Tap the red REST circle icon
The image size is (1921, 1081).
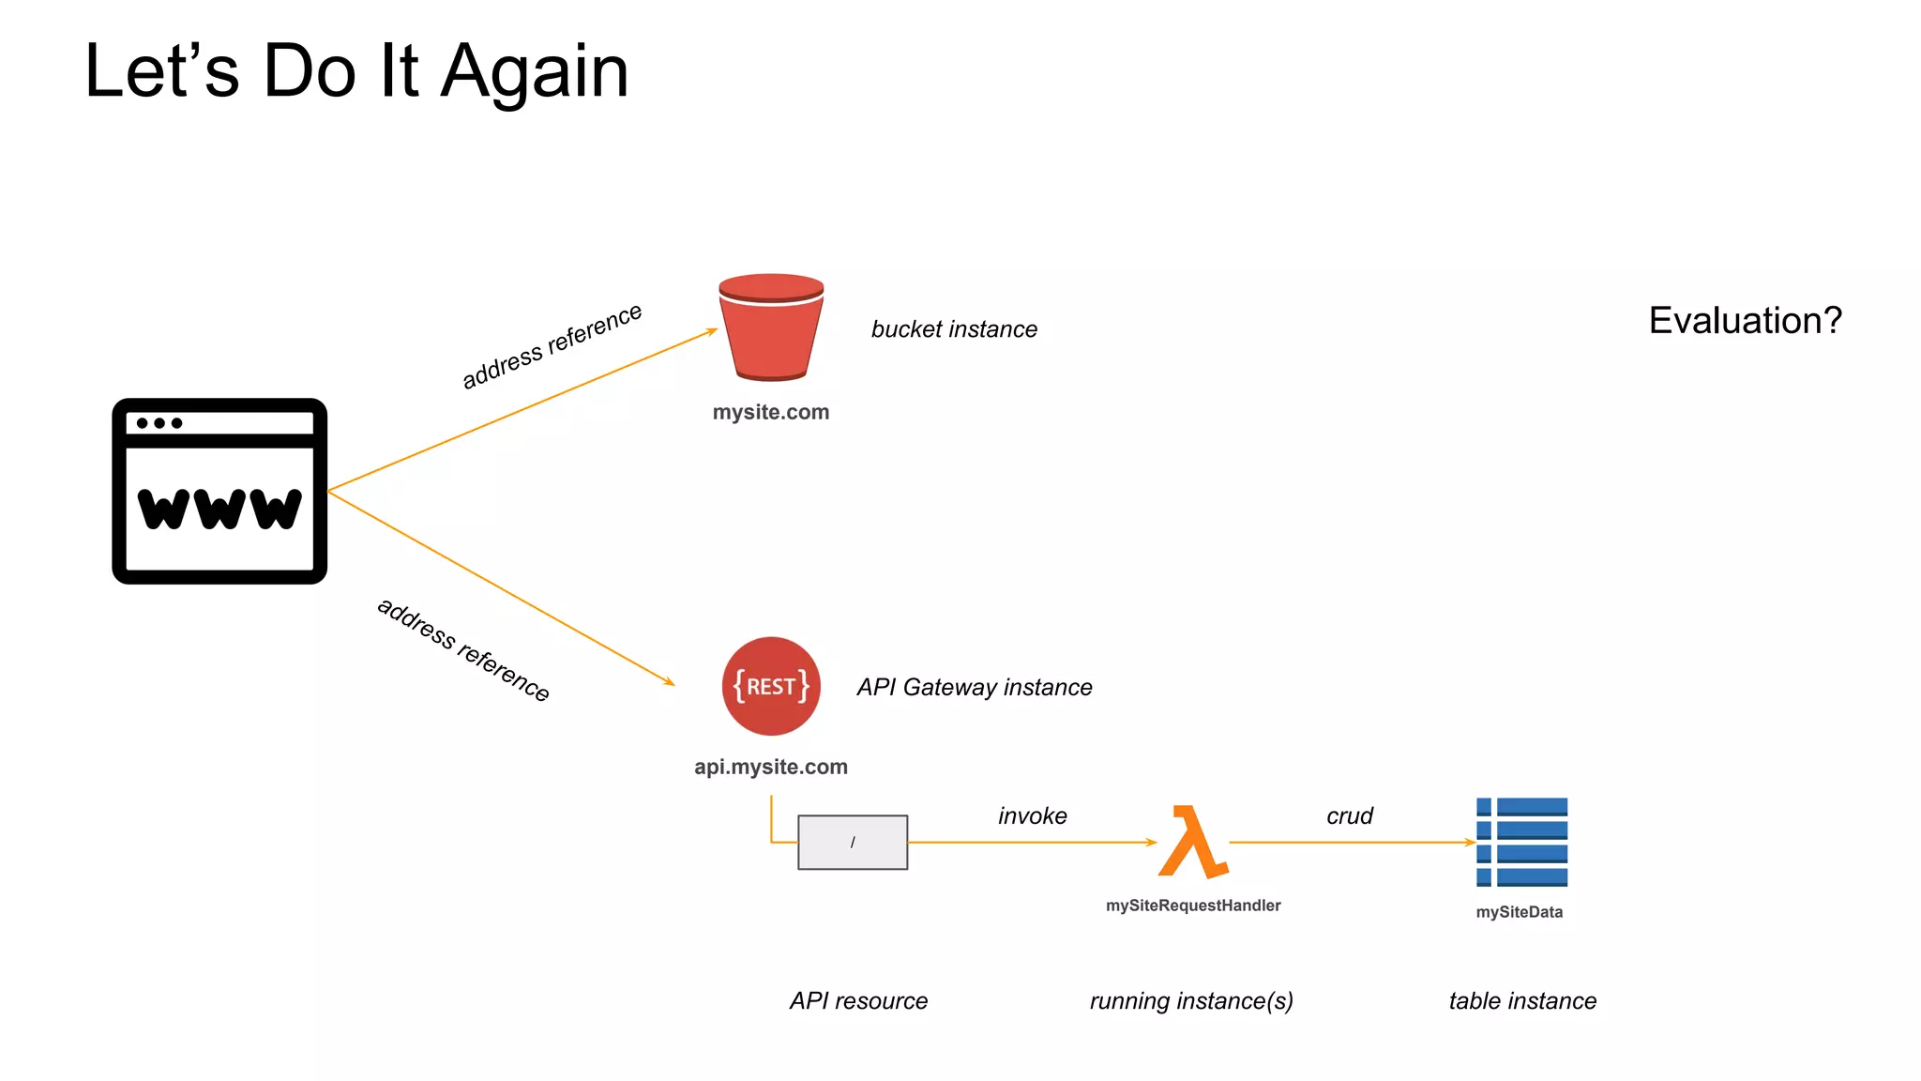(x=771, y=686)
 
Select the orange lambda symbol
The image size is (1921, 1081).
(x=1192, y=842)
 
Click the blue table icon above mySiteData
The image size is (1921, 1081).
(x=1521, y=842)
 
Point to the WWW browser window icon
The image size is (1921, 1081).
(x=219, y=491)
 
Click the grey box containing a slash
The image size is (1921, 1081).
(x=852, y=842)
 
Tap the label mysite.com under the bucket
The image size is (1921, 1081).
(x=770, y=412)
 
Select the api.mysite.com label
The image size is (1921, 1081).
(x=770, y=767)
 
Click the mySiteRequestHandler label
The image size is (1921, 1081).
(x=1192, y=906)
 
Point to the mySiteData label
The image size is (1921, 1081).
(x=1519, y=912)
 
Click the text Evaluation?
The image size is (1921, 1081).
(x=1745, y=321)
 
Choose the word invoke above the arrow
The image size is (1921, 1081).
(x=1032, y=815)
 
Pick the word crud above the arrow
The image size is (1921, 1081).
(x=1349, y=815)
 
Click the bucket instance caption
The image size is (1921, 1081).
(x=954, y=329)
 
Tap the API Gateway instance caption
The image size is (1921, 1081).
(x=974, y=687)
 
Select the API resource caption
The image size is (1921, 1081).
(x=858, y=1000)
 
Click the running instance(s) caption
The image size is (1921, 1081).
(x=1191, y=1000)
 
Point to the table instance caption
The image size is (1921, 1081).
(x=1521, y=1000)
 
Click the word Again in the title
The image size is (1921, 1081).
(x=535, y=71)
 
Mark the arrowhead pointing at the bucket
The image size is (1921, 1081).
(x=712, y=331)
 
